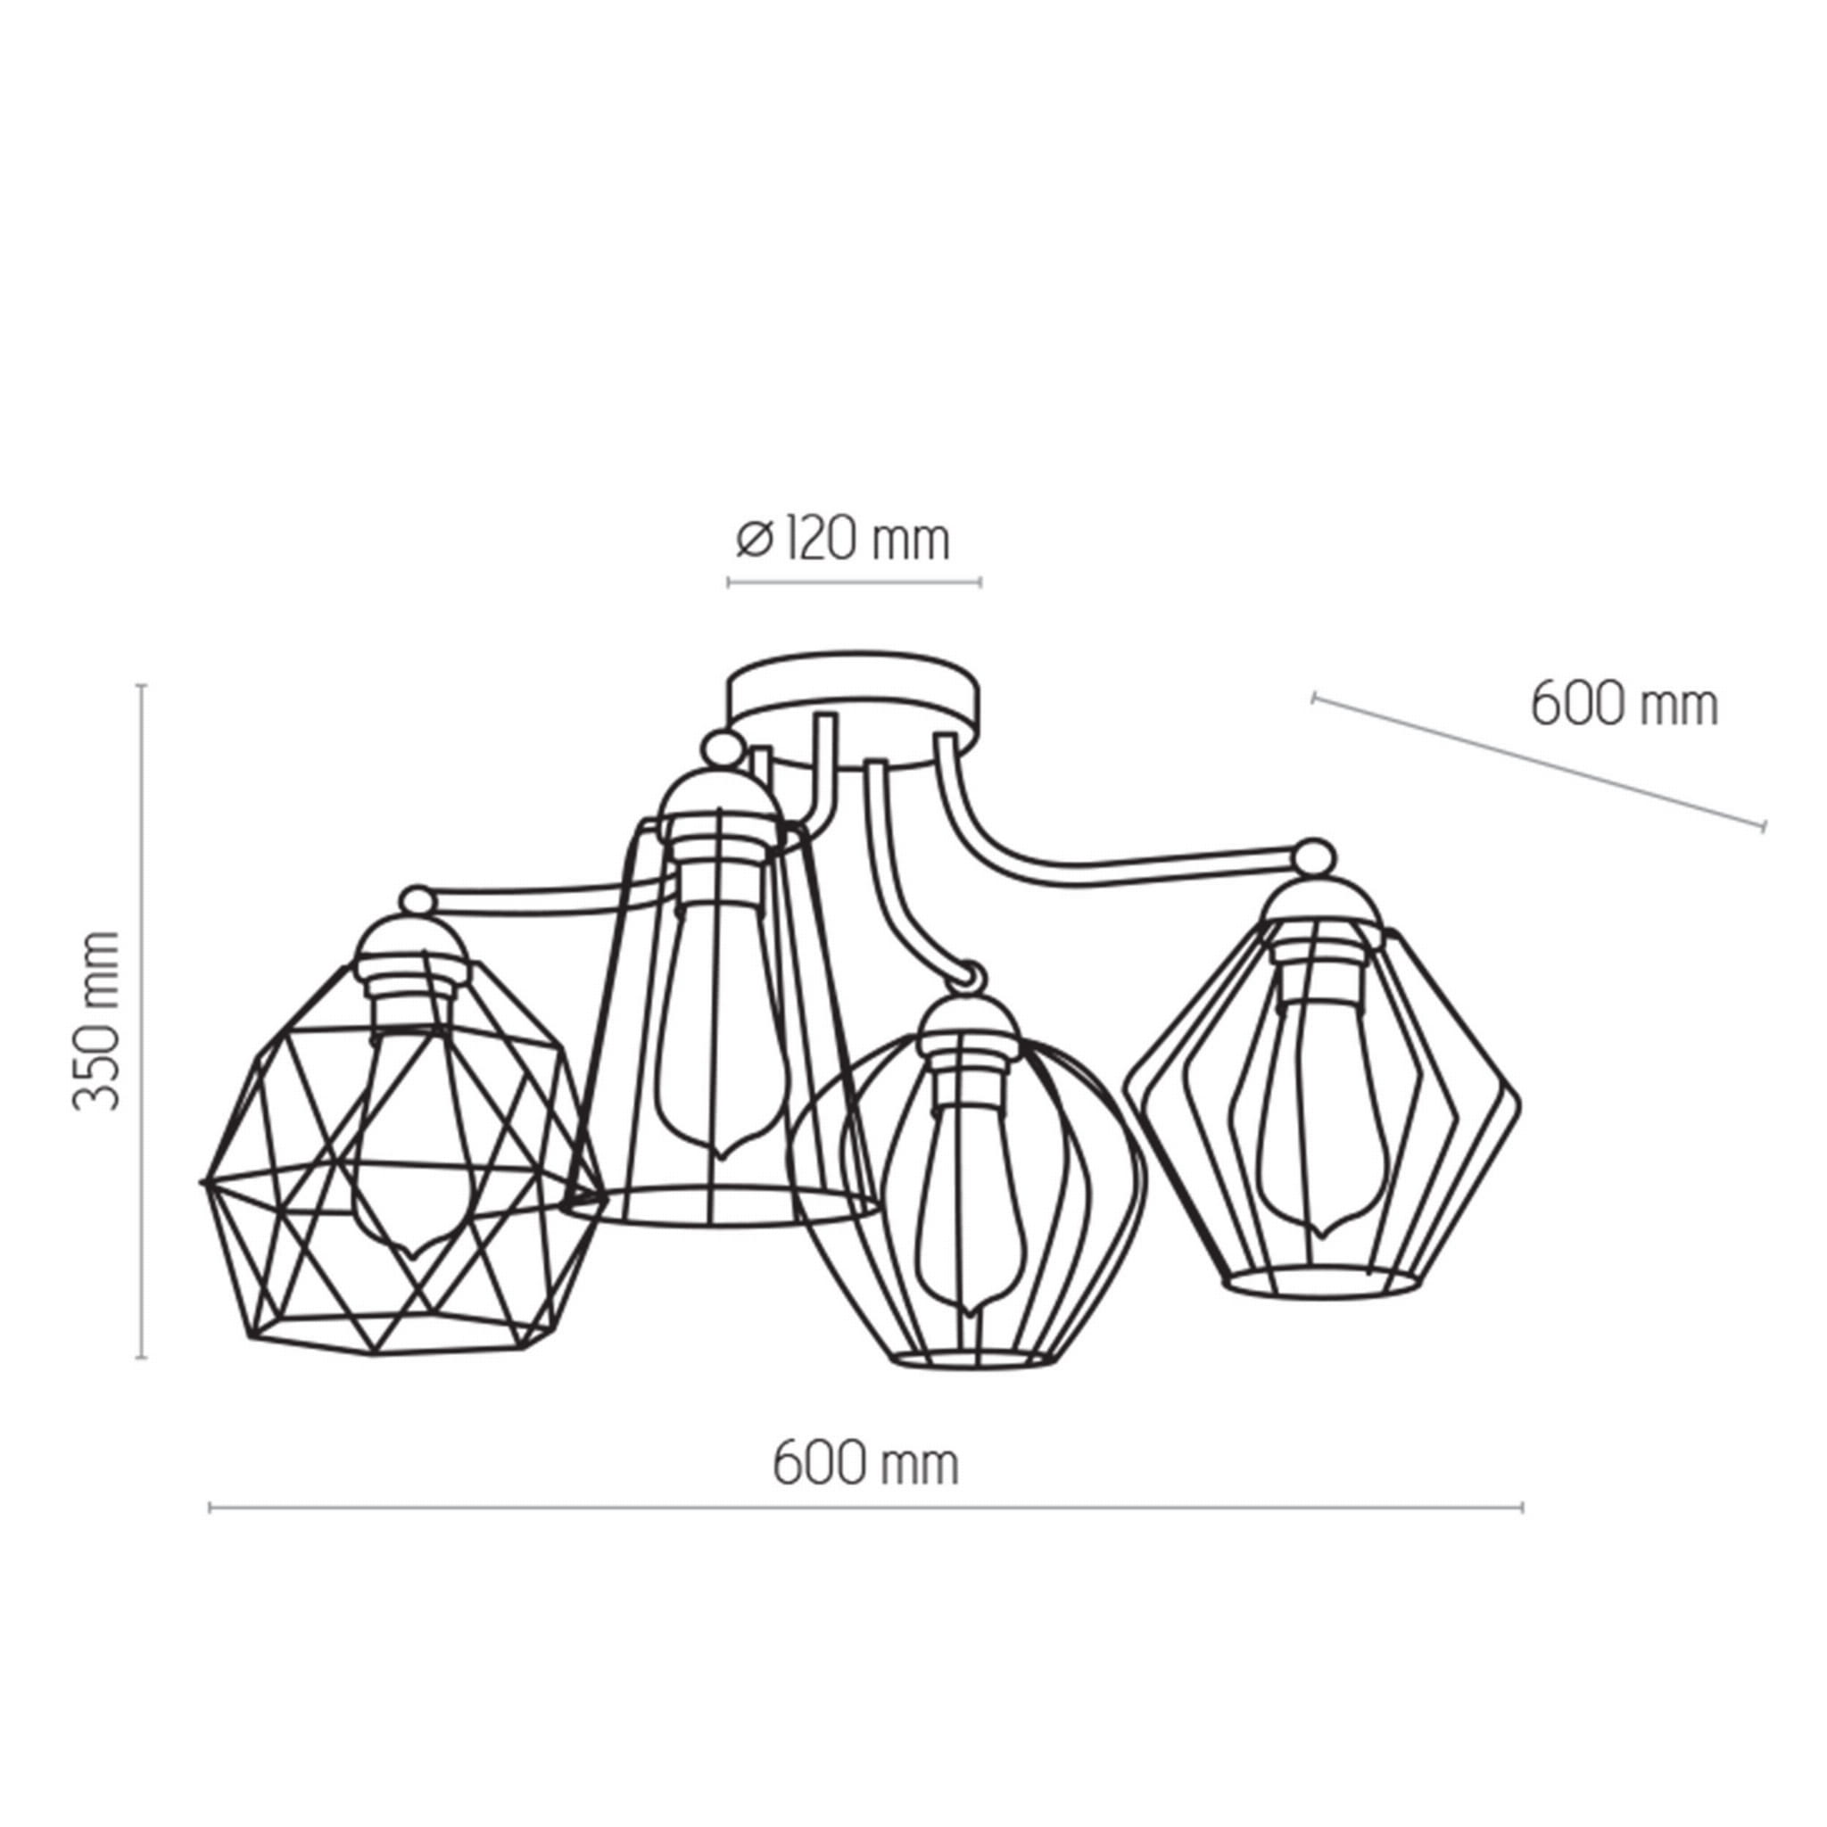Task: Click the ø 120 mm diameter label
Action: click(x=842, y=541)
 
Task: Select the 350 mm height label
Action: click(x=97, y=1021)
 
